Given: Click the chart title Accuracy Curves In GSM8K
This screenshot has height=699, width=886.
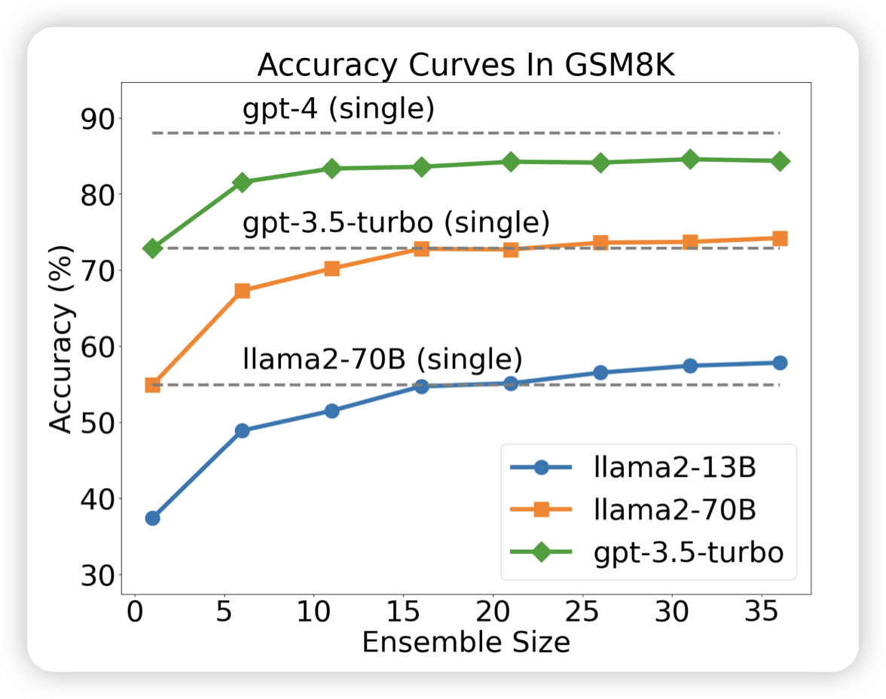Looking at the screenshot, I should [x=466, y=66].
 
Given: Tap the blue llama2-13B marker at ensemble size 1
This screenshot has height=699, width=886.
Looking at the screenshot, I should [x=152, y=518].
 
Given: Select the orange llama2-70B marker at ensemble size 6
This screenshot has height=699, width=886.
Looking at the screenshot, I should [x=242, y=291].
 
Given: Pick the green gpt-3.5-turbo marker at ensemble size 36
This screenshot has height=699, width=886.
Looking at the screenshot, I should [x=780, y=161].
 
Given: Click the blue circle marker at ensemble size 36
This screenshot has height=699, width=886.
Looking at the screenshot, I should [x=780, y=363].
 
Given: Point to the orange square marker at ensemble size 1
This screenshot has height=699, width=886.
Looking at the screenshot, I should [x=152, y=385].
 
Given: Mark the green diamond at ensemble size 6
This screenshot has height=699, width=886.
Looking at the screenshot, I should [x=242, y=182].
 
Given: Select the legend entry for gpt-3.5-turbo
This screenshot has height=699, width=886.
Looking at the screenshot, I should [x=648, y=552].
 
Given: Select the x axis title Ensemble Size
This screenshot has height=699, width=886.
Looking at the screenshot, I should [x=466, y=643].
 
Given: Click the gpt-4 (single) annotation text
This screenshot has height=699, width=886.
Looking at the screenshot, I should [x=338, y=109].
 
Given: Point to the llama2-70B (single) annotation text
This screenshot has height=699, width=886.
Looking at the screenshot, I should [x=382, y=359].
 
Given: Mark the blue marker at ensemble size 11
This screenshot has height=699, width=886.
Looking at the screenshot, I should [x=331, y=411].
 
